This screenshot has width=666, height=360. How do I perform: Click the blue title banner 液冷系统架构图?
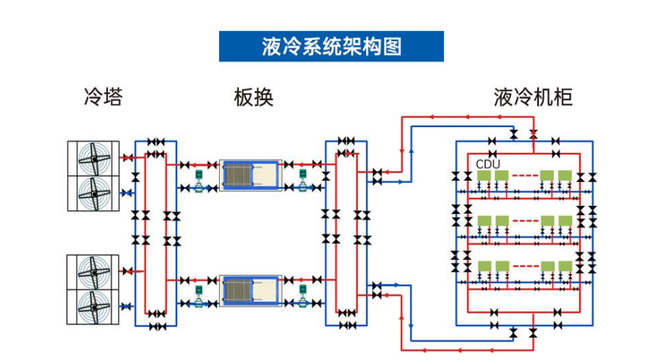[332, 46]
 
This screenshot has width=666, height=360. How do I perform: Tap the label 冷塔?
[103, 97]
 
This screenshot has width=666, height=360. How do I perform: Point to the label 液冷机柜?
[533, 97]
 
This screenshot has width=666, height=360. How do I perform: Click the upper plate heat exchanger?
[251, 176]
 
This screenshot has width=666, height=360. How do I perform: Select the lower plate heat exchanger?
[251, 292]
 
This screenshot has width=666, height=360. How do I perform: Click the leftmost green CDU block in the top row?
[484, 176]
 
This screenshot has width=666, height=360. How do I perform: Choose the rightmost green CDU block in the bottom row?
[565, 265]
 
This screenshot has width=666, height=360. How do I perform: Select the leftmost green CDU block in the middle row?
[484, 220]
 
